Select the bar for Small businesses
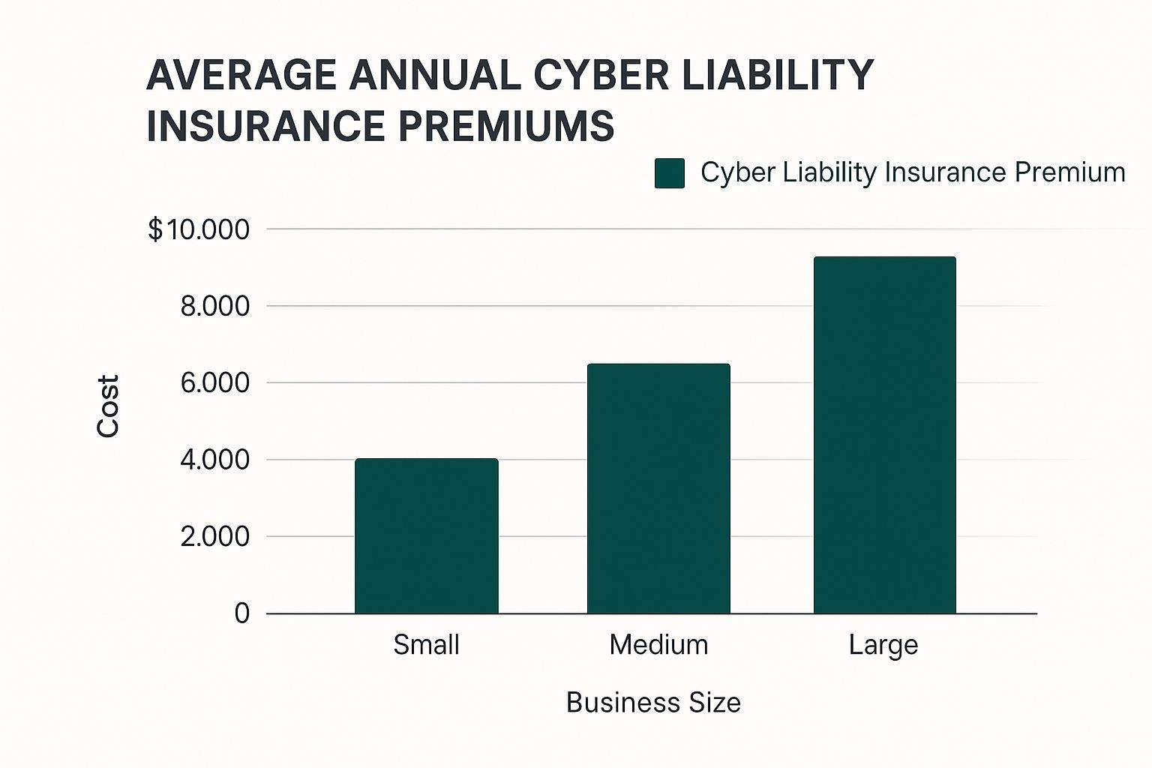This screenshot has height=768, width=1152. [x=426, y=536]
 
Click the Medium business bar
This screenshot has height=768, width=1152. [x=658, y=489]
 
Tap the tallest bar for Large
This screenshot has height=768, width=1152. [x=884, y=435]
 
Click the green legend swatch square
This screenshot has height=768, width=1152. [x=669, y=173]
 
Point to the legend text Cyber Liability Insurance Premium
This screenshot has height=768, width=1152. [x=912, y=172]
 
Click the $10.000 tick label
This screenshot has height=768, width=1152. [x=199, y=229]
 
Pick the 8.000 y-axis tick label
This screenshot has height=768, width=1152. [x=214, y=307]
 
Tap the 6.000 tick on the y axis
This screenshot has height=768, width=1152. [x=214, y=383]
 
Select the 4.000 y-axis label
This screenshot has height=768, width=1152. [x=214, y=460]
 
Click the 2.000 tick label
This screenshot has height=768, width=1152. [x=214, y=537]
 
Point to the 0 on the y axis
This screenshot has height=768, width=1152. [x=241, y=613]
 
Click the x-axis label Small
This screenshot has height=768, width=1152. [x=426, y=645]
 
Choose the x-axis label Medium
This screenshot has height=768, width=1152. [x=658, y=645]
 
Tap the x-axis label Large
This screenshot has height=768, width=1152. [x=883, y=645]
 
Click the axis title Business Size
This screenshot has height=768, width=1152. [x=653, y=703]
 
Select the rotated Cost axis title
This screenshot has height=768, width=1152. [x=109, y=406]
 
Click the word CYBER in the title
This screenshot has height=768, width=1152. [x=597, y=75]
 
